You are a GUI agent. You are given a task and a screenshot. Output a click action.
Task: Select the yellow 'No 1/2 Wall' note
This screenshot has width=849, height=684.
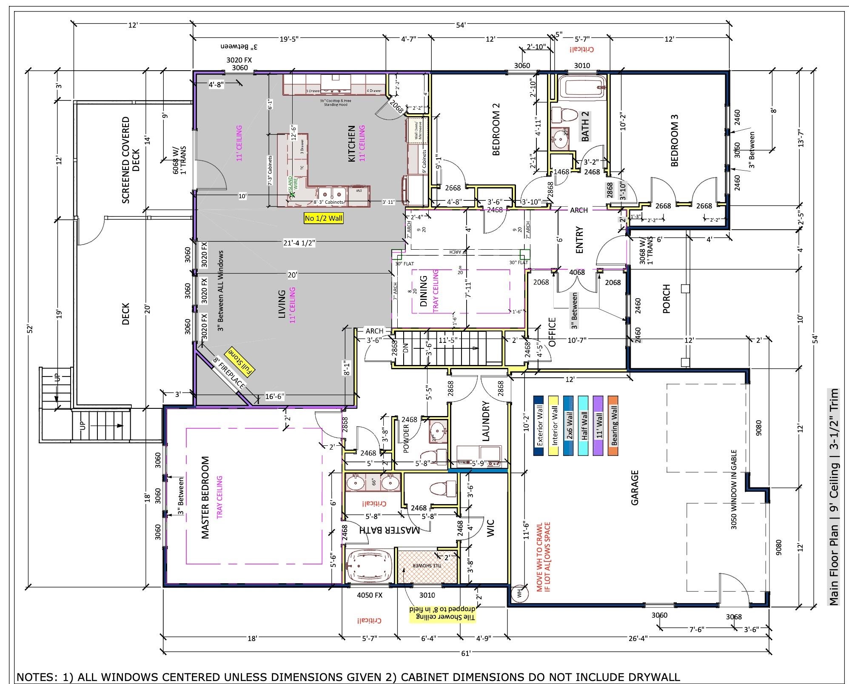pyautogui.click(x=324, y=218)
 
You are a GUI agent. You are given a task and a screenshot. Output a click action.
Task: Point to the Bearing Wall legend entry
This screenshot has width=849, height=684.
pyautogui.click(x=613, y=426)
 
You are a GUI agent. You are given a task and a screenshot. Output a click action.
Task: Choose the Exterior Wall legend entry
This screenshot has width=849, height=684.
pyautogui.click(x=539, y=426)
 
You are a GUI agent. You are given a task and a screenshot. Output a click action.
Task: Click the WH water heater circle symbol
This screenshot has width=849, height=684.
pyautogui.click(x=519, y=593)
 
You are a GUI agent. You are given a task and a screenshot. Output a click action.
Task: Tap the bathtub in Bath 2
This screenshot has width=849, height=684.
pyautogui.click(x=582, y=88)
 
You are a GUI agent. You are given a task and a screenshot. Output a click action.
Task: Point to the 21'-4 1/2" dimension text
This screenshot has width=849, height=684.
pyautogui.click(x=299, y=243)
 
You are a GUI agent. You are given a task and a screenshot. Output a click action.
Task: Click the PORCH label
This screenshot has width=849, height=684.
pyautogui.click(x=666, y=299)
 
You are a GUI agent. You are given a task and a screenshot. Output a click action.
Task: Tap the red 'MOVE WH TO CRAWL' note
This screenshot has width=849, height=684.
pyautogui.click(x=543, y=557)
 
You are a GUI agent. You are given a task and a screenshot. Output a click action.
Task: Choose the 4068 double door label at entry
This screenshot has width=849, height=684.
pyautogui.click(x=577, y=272)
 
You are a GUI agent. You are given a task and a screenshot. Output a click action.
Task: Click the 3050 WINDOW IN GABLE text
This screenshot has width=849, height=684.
pyautogui.click(x=733, y=490)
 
